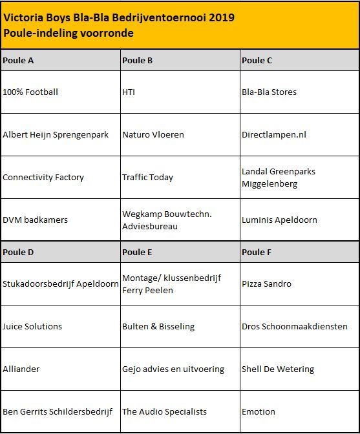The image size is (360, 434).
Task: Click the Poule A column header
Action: (19, 61)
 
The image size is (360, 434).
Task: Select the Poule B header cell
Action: (138, 61)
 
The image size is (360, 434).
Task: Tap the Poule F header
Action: (257, 253)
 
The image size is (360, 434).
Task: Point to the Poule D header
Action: (19, 253)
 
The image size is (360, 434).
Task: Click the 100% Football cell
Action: (30, 92)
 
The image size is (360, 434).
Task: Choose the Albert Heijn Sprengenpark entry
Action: (59, 134)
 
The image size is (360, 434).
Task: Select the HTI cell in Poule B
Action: (129, 92)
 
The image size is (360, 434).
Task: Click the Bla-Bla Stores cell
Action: (269, 92)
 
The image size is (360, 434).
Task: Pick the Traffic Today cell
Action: (148, 177)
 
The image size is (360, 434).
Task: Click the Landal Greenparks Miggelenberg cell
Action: (279, 178)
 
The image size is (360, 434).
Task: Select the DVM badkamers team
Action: (35, 220)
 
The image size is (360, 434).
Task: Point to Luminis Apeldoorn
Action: (279, 220)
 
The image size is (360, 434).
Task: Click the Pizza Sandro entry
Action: (266, 284)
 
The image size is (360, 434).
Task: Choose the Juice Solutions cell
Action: (32, 326)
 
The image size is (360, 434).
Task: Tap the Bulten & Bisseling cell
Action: (158, 326)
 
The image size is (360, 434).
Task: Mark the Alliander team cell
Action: (21, 369)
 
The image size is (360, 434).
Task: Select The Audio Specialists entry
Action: (165, 411)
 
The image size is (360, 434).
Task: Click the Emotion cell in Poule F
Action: (259, 411)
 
